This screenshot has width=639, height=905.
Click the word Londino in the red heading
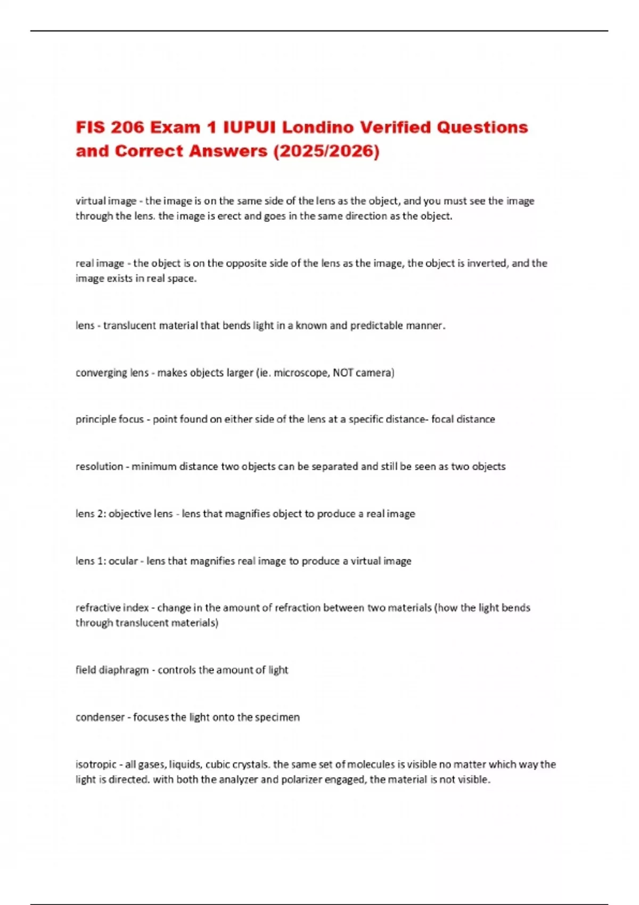point(317,128)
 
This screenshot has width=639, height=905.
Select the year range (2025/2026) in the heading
point(326,152)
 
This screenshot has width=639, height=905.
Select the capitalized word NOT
point(343,373)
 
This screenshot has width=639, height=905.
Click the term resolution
point(99,466)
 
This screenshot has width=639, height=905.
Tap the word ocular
point(123,561)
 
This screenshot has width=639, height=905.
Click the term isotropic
point(96,764)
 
